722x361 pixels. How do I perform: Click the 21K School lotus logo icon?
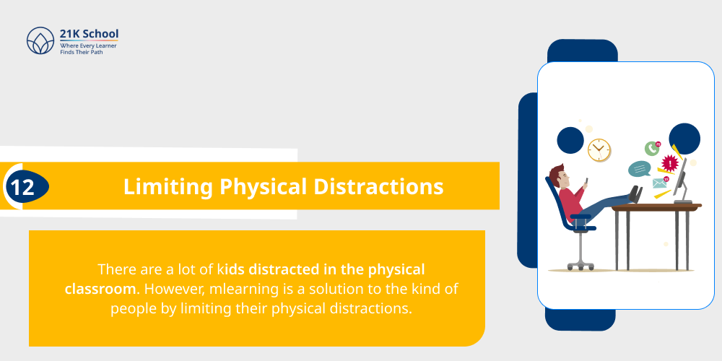[40, 41]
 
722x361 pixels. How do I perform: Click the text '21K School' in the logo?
[89, 34]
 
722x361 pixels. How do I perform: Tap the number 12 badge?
[24, 187]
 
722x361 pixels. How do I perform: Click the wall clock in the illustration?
[599, 149]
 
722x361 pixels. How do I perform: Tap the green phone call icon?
[653, 148]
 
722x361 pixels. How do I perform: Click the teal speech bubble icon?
[640, 169]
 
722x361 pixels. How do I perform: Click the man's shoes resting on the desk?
[635, 193]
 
